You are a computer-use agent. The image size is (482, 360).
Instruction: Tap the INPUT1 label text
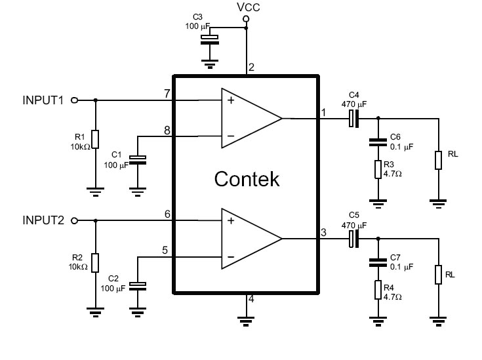(x=43, y=100)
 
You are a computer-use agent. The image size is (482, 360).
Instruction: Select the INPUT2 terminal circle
(x=74, y=221)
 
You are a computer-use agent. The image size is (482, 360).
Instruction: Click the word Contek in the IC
(x=247, y=179)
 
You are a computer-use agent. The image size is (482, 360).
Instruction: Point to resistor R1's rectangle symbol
(x=96, y=139)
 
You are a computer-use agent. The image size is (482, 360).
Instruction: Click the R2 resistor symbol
(x=96, y=263)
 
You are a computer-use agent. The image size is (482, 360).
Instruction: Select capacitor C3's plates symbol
(x=210, y=40)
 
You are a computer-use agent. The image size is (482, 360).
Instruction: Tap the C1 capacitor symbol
(x=138, y=160)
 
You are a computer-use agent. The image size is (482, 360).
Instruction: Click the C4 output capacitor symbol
(x=354, y=119)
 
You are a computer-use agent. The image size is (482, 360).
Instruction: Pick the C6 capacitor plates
(x=378, y=142)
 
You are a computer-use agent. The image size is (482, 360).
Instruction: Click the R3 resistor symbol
(x=378, y=169)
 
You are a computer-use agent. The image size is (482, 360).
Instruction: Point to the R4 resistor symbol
(x=378, y=290)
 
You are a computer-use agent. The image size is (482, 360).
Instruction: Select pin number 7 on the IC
(x=167, y=94)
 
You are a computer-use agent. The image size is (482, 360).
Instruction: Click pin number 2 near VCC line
(x=251, y=68)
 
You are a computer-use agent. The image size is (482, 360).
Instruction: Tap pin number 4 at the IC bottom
(x=251, y=299)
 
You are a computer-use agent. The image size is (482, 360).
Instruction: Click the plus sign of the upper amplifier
(x=231, y=100)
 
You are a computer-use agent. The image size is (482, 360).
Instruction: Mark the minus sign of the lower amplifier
(x=231, y=257)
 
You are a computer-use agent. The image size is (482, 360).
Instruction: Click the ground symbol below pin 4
(x=246, y=321)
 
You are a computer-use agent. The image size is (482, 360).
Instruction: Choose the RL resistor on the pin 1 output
(x=438, y=160)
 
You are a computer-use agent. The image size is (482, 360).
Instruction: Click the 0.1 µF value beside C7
(x=401, y=266)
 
